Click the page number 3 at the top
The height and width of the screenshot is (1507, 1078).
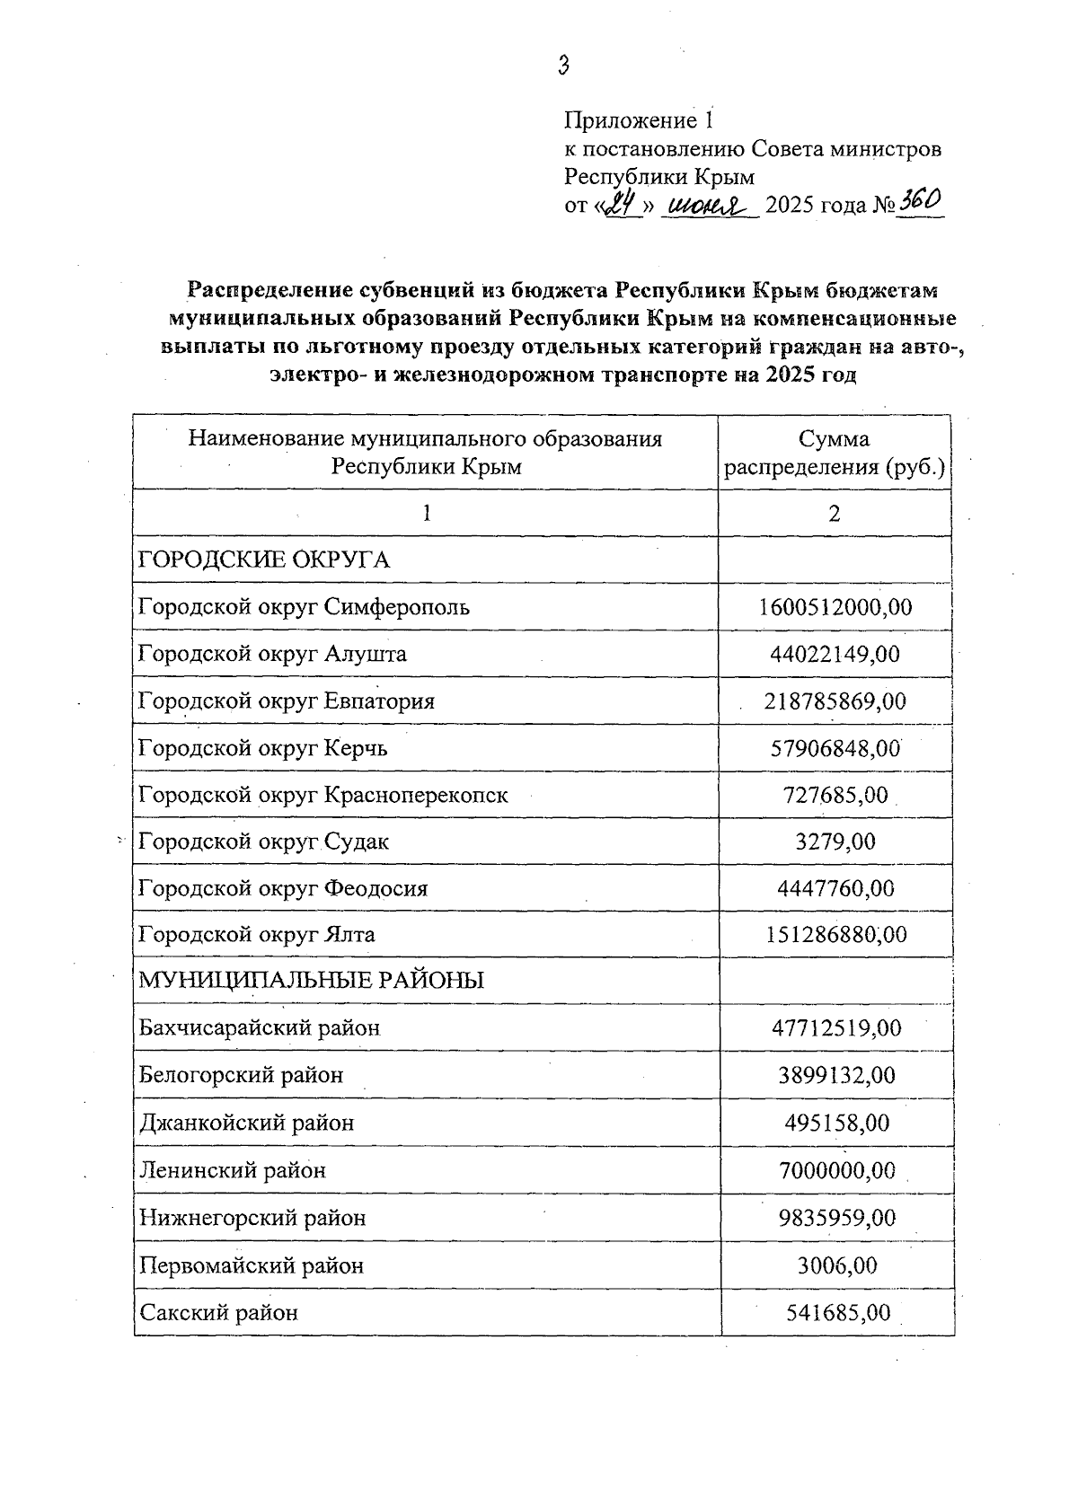[x=563, y=66]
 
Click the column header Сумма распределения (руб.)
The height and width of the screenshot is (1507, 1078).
[x=835, y=453]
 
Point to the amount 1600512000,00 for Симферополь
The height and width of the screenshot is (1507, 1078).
[x=835, y=607]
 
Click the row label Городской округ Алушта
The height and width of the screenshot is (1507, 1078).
[x=272, y=654]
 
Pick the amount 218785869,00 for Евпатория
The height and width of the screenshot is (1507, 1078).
[x=835, y=701]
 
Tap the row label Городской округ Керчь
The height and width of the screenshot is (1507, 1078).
[x=263, y=747]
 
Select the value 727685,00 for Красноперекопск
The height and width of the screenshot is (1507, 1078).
[x=835, y=795]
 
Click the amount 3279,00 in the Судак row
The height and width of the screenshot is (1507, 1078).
[x=835, y=842]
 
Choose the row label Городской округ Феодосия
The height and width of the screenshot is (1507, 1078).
[x=283, y=888]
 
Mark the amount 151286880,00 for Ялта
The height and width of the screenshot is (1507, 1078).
[x=835, y=935]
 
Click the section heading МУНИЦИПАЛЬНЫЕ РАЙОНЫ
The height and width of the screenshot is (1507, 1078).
[x=311, y=980]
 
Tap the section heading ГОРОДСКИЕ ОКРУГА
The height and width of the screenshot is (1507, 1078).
[x=264, y=560]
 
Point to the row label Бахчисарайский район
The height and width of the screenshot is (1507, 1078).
[x=260, y=1027]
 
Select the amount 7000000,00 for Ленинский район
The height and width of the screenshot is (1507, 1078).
[x=836, y=1170]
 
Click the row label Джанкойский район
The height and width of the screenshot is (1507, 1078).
[x=247, y=1123]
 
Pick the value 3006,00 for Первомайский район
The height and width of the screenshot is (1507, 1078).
[x=836, y=1265]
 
